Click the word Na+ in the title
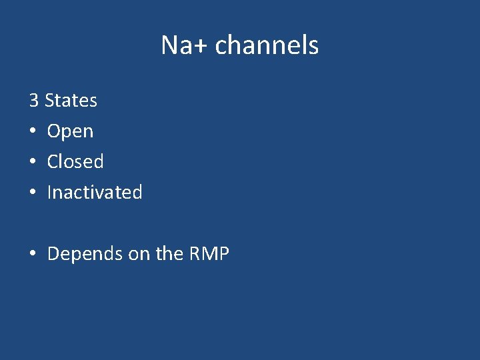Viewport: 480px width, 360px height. pyautogui.click(x=185, y=45)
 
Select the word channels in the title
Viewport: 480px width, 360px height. pyautogui.click(x=267, y=45)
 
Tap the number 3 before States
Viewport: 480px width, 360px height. pyautogui.click(x=33, y=101)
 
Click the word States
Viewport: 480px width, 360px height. pyautogui.click(x=71, y=101)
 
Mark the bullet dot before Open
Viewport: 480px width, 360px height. pyautogui.click(x=33, y=132)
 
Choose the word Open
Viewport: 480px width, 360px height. pyautogui.click(x=70, y=132)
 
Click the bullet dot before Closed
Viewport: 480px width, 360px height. pyautogui.click(x=33, y=162)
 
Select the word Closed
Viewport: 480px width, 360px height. pyautogui.click(x=75, y=162)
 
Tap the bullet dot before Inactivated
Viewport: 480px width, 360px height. pyautogui.click(x=33, y=193)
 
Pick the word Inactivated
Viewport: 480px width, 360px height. pyautogui.click(x=95, y=193)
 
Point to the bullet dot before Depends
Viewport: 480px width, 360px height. pyautogui.click(x=33, y=254)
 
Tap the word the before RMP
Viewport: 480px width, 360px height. pyautogui.click(x=168, y=254)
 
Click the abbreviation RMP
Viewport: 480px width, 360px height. pyautogui.click(x=209, y=254)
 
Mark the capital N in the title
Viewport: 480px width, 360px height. pyautogui.click(x=169, y=45)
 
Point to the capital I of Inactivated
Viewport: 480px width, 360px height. pyautogui.click(x=49, y=193)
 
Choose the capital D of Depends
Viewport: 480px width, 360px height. pyautogui.click(x=53, y=254)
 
